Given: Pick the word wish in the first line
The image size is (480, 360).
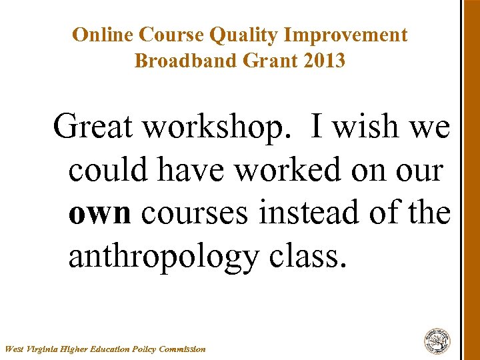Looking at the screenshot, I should tap(365, 127).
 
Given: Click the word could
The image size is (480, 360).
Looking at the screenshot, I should tap(108, 170).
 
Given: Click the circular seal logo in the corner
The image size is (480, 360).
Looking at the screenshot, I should tap(437, 341).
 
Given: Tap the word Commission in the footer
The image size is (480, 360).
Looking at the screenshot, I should tap(181, 349).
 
